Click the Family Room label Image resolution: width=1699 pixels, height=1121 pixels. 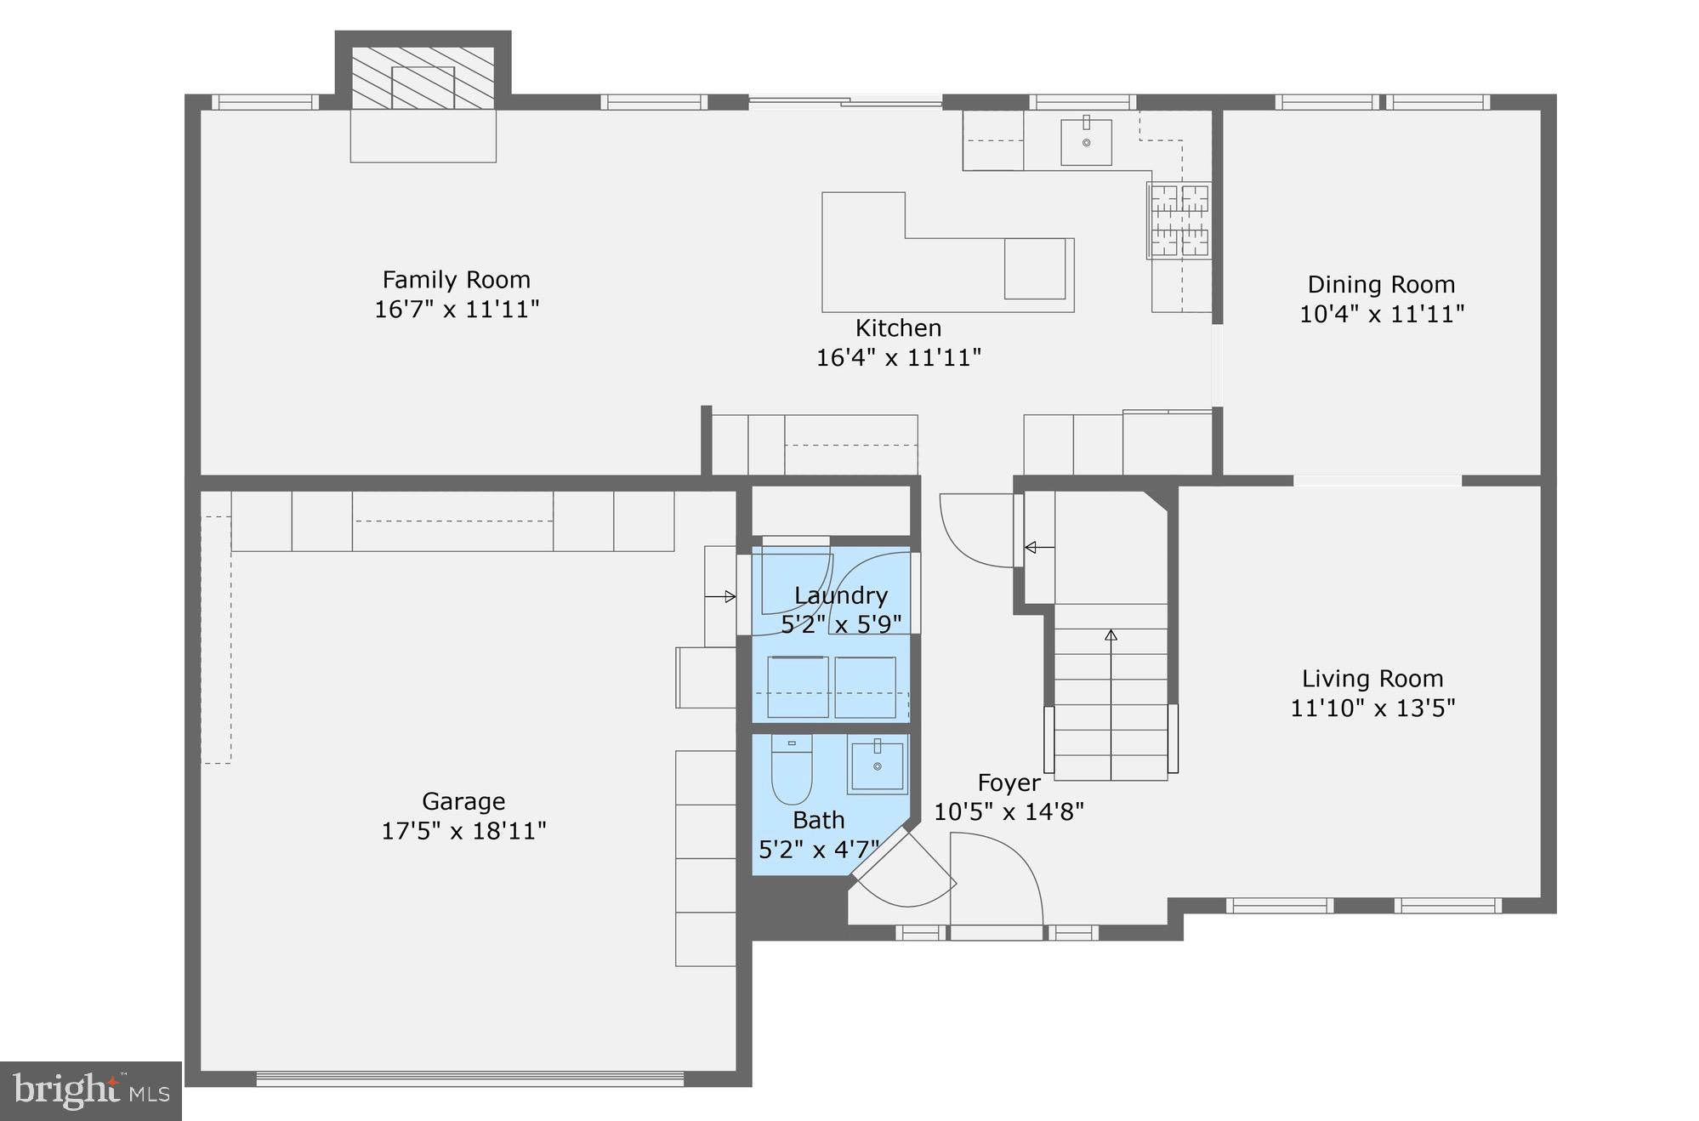[456, 280]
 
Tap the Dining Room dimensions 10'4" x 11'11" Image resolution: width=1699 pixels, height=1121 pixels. [1381, 314]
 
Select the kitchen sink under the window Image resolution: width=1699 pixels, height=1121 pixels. [1086, 142]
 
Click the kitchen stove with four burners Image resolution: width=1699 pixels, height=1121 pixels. [1179, 220]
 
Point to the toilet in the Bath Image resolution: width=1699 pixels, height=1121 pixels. [792, 771]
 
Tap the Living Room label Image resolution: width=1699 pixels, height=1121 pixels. [1372, 679]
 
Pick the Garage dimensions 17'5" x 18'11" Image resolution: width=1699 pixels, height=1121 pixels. [463, 830]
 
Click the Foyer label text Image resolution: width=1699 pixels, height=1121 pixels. [1009, 782]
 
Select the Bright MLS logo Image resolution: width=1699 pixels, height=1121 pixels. [91, 1090]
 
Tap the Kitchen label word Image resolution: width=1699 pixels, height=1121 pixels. [898, 327]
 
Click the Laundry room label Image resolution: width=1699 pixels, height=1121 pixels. [840, 595]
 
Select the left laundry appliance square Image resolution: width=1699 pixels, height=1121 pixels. [798, 687]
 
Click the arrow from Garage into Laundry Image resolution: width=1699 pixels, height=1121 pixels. [720, 597]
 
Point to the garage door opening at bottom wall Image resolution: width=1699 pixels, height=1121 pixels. [469, 1078]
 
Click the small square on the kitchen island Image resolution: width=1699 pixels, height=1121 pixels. [1034, 269]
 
